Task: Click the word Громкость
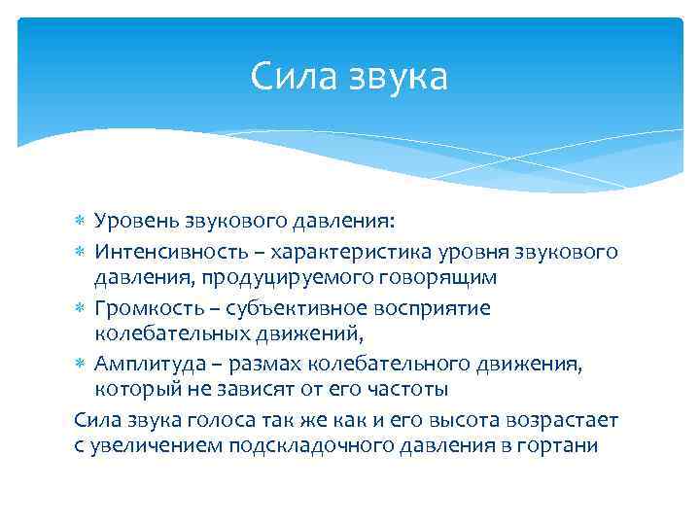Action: tap(146, 308)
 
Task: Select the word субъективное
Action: tap(291, 308)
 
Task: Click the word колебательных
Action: tap(164, 335)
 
